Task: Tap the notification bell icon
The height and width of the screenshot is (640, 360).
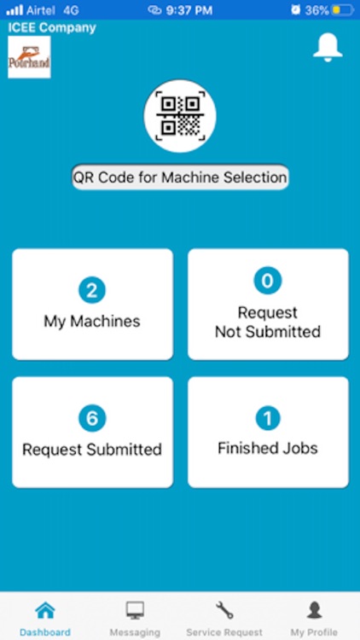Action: (x=328, y=47)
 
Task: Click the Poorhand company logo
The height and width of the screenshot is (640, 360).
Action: (x=29, y=57)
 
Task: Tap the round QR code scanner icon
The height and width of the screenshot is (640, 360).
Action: (x=180, y=116)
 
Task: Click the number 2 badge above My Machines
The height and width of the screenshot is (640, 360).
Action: (x=92, y=290)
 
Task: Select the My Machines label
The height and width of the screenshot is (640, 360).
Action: (x=92, y=321)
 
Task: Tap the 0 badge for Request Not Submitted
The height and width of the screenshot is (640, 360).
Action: (x=268, y=281)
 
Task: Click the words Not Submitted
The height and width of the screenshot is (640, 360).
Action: (x=268, y=331)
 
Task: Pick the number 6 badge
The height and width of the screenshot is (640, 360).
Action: (x=92, y=418)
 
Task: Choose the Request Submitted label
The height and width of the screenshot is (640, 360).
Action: (x=92, y=450)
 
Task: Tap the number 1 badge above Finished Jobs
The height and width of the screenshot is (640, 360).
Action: (x=268, y=418)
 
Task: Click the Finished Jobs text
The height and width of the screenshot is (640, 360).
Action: (x=268, y=448)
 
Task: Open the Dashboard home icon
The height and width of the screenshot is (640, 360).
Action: (x=45, y=611)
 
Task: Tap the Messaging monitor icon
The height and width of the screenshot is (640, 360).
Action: (x=135, y=611)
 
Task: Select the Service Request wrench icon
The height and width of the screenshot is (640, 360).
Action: (x=224, y=611)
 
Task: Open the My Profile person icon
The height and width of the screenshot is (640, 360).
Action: (x=314, y=611)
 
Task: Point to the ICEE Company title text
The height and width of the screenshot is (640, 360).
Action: (x=52, y=28)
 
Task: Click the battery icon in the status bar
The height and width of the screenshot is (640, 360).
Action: (x=342, y=10)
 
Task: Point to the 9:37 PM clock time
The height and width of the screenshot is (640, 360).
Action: (x=189, y=10)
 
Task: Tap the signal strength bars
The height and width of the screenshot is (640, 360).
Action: (x=15, y=10)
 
